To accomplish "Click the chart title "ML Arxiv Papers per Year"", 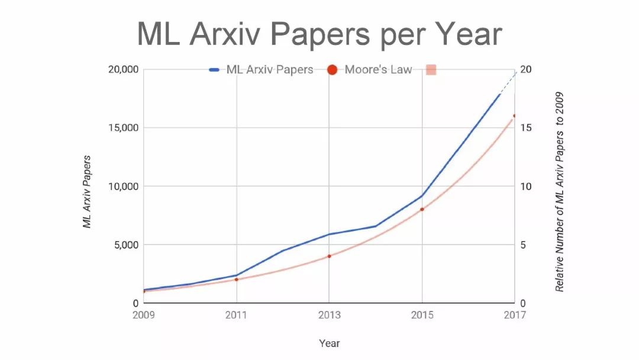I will pyautogui.click(x=319, y=34).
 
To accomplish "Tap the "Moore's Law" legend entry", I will pyautogui.click(x=370, y=70).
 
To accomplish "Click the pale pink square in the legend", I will pyautogui.click(x=431, y=70).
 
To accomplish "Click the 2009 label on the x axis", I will pyautogui.click(x=144, y=315).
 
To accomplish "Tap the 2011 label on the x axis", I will pyautogui.click(x=237, y=315).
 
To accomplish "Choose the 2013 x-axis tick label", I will pyautogui.click(x=329, y=315).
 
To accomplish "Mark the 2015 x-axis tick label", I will pyautogui.click(x=422, y=315).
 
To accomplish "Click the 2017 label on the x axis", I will pyautogui.click(x=514, y=315).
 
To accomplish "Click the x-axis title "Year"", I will pyautogui.click(x=329, y=343).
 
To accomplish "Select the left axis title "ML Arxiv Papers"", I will pyautogui.click(x=87, y=192).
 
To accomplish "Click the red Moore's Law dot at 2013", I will pyautogui.click(x=329, y=256).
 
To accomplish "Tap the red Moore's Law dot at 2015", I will pyautogui.click(x=422, y=209).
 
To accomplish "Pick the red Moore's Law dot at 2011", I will pyautogui.click(x=237, y=279).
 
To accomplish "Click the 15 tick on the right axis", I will pyautogui.click(x=525, y=128).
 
